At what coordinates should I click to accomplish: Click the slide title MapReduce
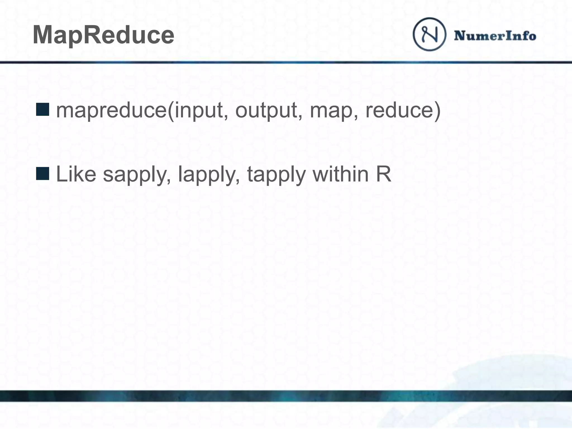point(103,35)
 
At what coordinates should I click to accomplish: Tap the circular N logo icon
point(429,34)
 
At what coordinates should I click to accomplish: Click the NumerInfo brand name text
point(495,36)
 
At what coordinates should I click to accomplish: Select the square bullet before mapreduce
point(42,109)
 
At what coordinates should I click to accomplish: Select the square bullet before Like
point(42,173)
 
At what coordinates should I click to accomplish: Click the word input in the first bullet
point(199,110)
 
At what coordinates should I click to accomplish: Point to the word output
point(266,110)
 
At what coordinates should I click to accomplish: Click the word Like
point(76,174)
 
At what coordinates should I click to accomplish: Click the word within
point(340,174)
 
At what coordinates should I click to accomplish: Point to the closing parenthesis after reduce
point(437,111)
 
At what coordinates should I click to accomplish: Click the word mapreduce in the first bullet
point(111,111)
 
